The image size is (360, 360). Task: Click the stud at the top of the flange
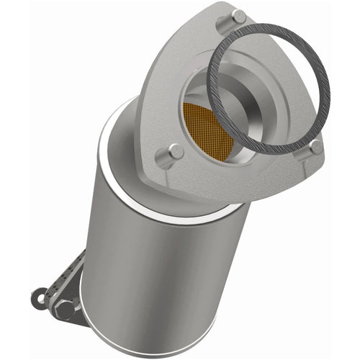point(238,16)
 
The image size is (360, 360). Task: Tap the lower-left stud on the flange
point(175,152)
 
